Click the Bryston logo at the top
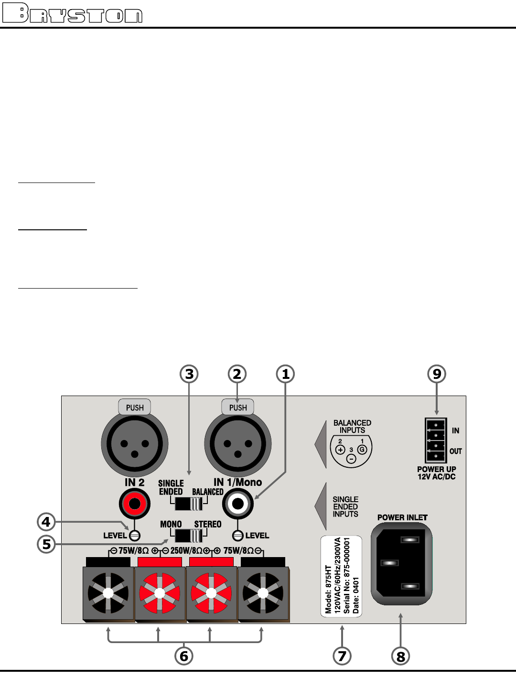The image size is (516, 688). [73, 13]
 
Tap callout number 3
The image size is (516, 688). [189, 374]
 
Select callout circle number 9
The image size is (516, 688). [437, 374]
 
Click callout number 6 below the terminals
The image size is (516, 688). [184, 656]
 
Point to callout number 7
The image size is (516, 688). [342, 656]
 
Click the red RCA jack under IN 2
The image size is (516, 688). [135, 504]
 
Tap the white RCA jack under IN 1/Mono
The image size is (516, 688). [238, 504]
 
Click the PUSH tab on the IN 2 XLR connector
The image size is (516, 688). [135, 408]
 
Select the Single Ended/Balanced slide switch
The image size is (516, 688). [189, 504]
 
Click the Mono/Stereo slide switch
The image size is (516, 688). [189, 535]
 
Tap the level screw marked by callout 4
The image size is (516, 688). [135, 536]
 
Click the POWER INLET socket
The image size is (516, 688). [401, 564]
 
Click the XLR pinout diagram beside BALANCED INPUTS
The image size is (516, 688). [351, 450]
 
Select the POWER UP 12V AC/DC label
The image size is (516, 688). [437, 473]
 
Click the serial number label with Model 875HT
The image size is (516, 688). [341, 576]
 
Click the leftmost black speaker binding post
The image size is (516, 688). [108, 593]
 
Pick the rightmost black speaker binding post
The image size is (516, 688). [263, 593]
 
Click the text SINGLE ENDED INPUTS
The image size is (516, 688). [345, 506]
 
